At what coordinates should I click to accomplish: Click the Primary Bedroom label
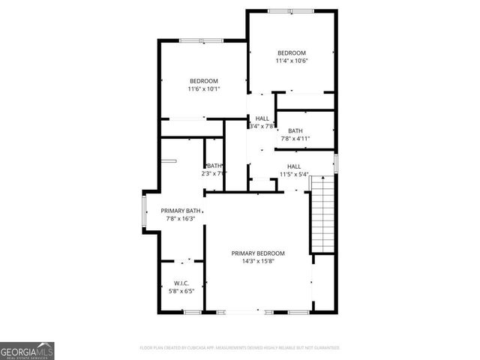[x=257, y=253]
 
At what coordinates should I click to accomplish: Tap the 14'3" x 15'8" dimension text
[x=257, y=262]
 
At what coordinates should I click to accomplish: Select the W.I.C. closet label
[x=180, y=283]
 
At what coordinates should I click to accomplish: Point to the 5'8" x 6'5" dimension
[x=180, y=292]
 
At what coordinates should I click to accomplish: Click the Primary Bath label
[x=181, y=211]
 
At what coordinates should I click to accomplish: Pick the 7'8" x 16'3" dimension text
[x=181, y=219]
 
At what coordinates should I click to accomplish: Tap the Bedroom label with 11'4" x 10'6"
[x=292, y=52]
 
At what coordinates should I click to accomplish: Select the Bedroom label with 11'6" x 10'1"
[x=203, y=81]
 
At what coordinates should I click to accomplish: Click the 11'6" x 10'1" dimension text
[x=203, y=89]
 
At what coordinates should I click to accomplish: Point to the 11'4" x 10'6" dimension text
[x=292, y=61]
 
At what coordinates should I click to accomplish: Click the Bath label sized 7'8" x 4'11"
[x=295, y=130]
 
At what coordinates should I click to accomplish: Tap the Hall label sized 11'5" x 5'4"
[x=294, y=166]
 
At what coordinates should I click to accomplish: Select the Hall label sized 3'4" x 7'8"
[x=262, y=118]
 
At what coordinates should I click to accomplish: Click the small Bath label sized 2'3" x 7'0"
[x=214, y=166]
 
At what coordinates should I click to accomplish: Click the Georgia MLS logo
[x=27, y=350]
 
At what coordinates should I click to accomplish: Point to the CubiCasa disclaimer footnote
[x=240, y=347]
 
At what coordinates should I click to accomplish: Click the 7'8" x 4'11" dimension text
[x=295, y=139]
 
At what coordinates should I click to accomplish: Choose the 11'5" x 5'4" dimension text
[x=294, y=175]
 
